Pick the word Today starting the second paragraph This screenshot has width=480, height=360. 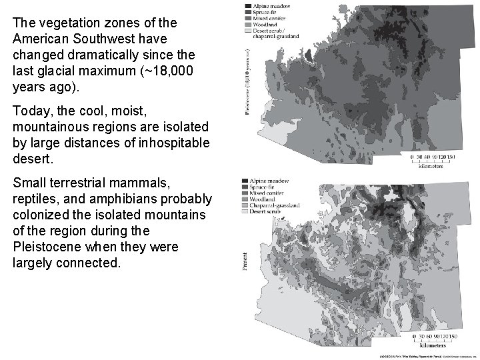click(x=30, y=110)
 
